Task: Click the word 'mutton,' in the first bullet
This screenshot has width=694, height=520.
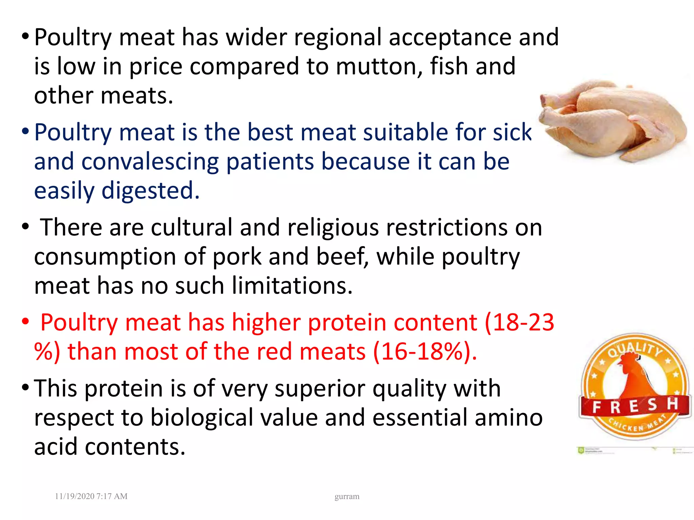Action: point(379,67)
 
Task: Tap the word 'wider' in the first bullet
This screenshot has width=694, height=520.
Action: point(256,37)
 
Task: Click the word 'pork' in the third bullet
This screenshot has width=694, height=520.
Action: point(237,257)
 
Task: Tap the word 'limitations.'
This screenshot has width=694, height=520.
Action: point(292,286)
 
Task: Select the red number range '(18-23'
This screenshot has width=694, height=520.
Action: point(519,322)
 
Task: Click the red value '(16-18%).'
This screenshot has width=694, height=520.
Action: point(425,352)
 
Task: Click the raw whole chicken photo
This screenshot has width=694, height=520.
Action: point(613,120)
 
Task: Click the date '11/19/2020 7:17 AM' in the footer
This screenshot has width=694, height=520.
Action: point(91,496)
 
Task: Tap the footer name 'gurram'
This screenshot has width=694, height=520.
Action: point(347,497)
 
